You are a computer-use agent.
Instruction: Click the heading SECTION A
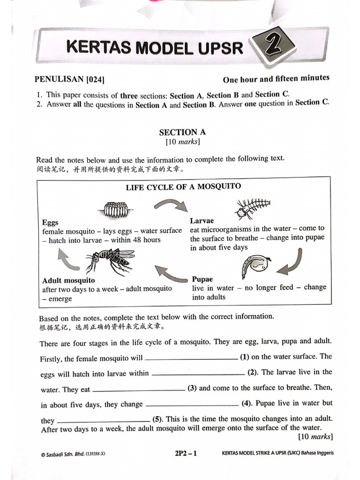pyautogui.click(x=182, y=132)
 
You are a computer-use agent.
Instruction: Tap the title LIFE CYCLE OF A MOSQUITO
pyautogui.click(x=183, y=187)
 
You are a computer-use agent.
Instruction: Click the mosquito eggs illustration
pyautogui.click(x=116, y=209)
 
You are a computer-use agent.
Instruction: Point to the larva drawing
pyautogui.click(x=252, y=207)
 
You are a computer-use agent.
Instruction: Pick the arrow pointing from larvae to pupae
pyautogui.click(x=290, y=263)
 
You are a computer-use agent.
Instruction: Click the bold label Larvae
pyautogui.click(x=202, y=220)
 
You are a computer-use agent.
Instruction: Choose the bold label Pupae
pyautogui.click(x=202, y=279)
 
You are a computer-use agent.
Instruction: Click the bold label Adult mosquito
pyautogui.click(x=68, y=281)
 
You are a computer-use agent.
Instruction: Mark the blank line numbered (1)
pyautogui.click(x=191, y=359)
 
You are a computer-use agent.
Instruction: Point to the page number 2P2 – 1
pyautogui.click(x=185, y=453)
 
